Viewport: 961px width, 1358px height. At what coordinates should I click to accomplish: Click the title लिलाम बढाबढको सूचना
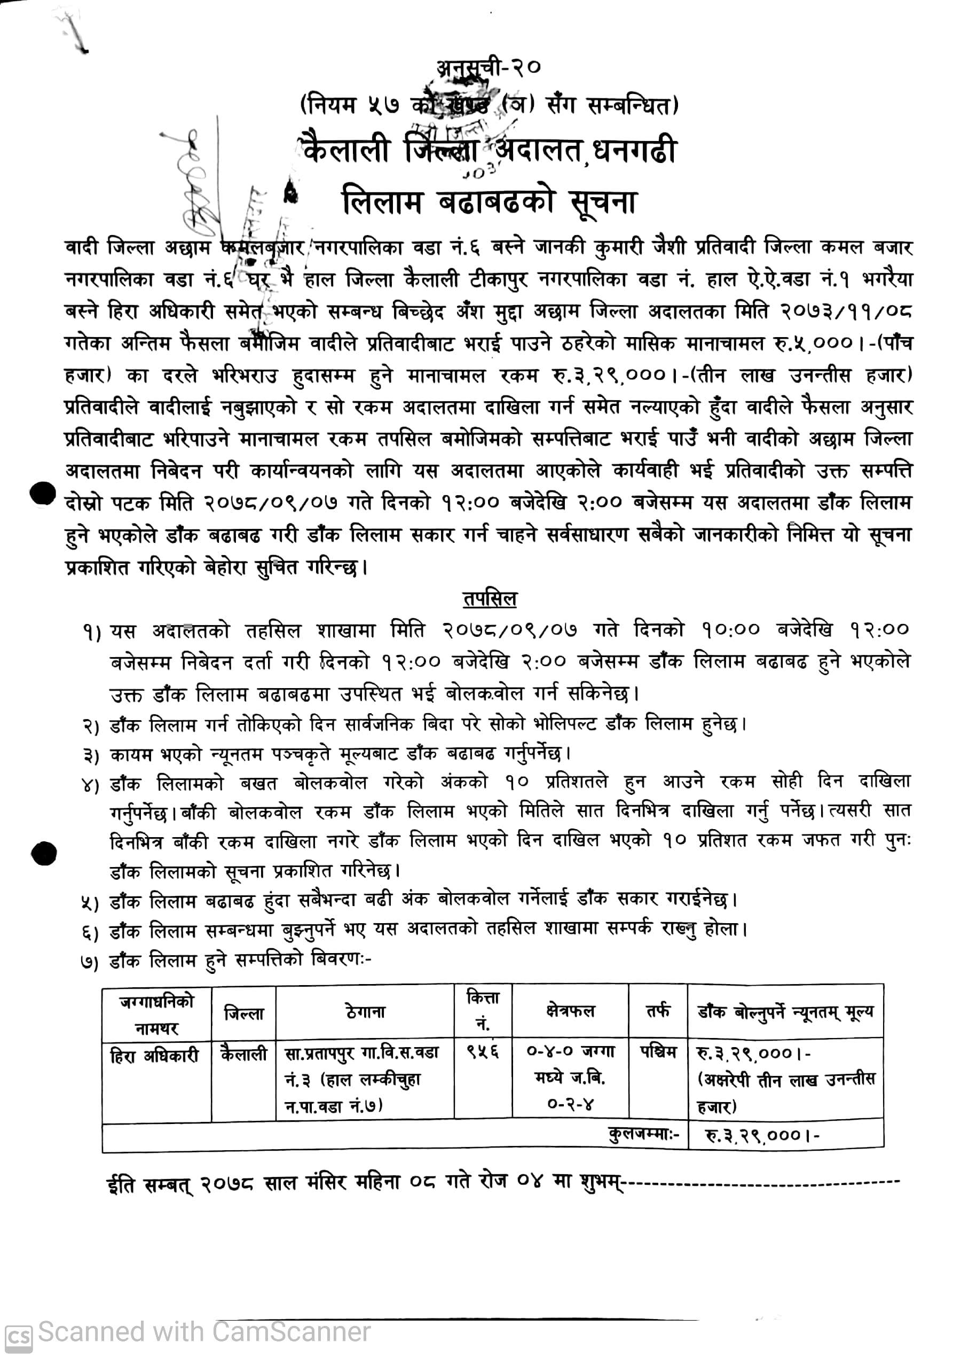coord(490,203)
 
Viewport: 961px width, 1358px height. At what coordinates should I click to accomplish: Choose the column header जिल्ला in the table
coord(244,1013)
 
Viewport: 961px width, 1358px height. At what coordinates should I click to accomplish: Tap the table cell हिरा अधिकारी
coord(154,1056)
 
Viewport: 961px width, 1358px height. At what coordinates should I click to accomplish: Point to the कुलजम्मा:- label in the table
coord(644,1134)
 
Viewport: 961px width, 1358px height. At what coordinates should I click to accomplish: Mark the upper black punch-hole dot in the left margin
coord(43,493)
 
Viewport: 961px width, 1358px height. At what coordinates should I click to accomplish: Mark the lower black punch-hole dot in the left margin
coord(44,854)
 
